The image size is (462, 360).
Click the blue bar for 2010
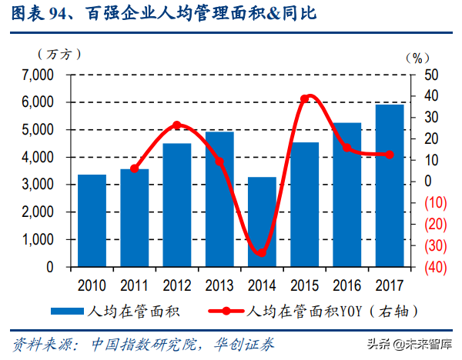(x=92, y=221)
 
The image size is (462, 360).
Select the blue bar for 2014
(x=261, y=222)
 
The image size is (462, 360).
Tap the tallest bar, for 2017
(x=389, y=185)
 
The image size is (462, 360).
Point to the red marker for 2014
(x=261, y=252)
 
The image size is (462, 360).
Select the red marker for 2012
(x=177, y=125)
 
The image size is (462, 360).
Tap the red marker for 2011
(x=135, y=168)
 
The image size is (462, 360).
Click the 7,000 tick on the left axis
(x=38, y=75)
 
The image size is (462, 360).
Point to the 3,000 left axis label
(x=38, y=185)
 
